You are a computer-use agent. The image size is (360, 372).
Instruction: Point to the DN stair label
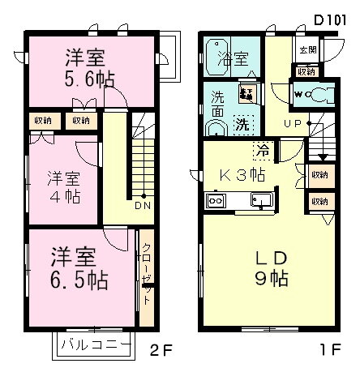click(x=142, y=205)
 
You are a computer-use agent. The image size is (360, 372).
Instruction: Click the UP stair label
click(x=294, y=123)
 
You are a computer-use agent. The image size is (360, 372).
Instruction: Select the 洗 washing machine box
click(x=242, y=125)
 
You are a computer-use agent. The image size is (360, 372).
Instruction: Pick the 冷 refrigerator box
click(x=262, y=149)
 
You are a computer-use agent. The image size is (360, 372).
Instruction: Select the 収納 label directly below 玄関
click(x=306, y=71)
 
